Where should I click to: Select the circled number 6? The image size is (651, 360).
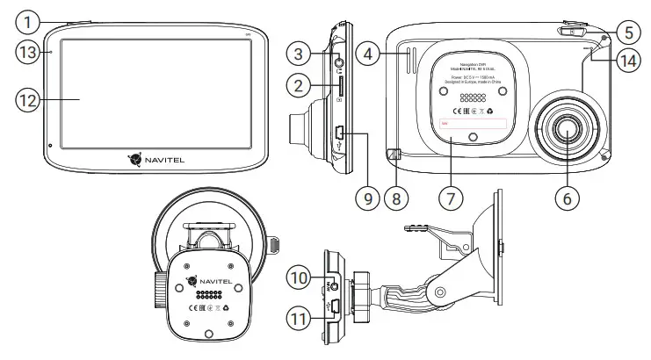coord(566,198)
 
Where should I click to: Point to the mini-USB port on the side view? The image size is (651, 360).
coord(339,135)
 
